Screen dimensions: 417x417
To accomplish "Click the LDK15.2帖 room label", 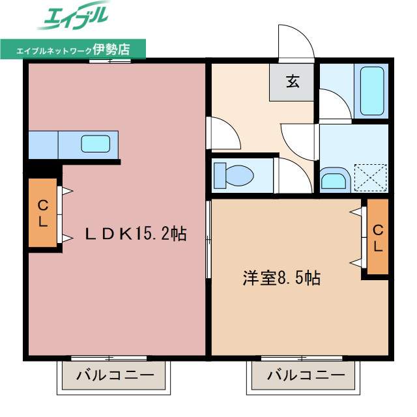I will (x=136, y=233).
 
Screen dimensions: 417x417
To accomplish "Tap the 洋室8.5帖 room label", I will (x=281, y=278).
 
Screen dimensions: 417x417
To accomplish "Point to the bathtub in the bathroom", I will (x=371, y=91).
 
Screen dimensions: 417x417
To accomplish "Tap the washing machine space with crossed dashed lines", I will (x=370, y=177).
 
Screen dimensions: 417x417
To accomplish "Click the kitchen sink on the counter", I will (x=96, y=143).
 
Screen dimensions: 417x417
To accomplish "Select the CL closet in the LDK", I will (x=42, y=213).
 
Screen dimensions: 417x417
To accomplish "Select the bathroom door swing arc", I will (x=334, y=105).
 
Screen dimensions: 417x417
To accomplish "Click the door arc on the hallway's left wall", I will (x=223, y=133).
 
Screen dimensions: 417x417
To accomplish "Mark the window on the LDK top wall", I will (x=109, y=61).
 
